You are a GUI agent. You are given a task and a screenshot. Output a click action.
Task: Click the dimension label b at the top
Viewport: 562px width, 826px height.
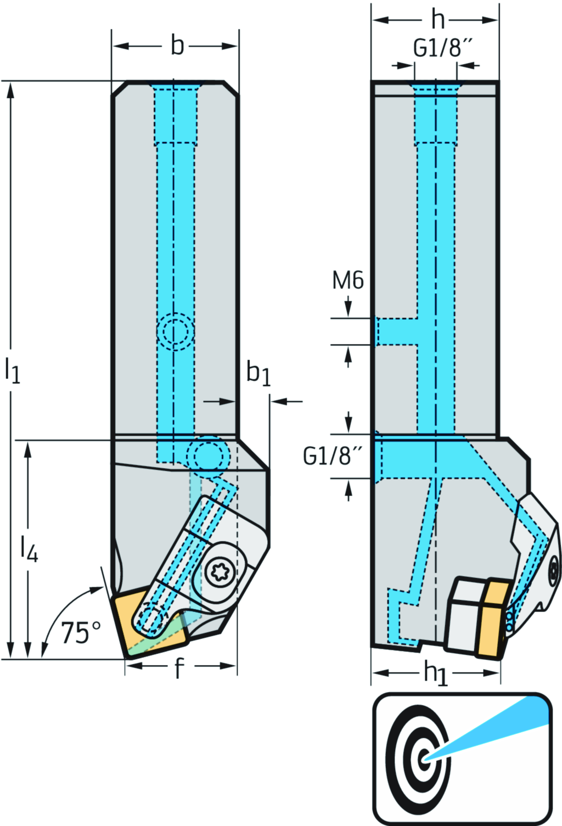[x=177, y=46]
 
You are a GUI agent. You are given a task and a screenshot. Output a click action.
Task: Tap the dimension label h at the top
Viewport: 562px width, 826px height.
[x=437, y=20]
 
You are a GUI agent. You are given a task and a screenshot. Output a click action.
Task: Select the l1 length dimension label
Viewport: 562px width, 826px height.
[x=12, y=370]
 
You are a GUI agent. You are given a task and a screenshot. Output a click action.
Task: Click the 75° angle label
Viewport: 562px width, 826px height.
[x=81, y=632]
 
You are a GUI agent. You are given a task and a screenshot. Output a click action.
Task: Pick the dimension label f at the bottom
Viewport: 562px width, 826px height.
[x=179, y=668]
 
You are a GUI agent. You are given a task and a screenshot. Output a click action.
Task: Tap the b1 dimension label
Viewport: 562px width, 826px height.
[x=258, y=373]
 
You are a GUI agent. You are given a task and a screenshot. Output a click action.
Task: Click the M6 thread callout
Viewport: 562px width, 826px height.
[x=348, y=280]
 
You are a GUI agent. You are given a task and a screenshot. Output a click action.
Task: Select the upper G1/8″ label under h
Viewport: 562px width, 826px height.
[x=442, y=48]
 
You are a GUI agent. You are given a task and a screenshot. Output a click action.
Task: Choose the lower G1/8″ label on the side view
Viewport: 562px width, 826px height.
[x=333, y=456]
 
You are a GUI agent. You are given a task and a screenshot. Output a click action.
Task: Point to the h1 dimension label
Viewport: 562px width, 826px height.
[x=436, y=673]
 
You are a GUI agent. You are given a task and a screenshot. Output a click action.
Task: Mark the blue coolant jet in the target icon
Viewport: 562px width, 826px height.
[x=494, y=730]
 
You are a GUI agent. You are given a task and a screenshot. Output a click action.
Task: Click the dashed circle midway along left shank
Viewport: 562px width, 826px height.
[x=175, y=331]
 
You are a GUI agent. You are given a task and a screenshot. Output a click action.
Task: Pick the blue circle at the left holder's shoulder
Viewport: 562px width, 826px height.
[x=207, y=455]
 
